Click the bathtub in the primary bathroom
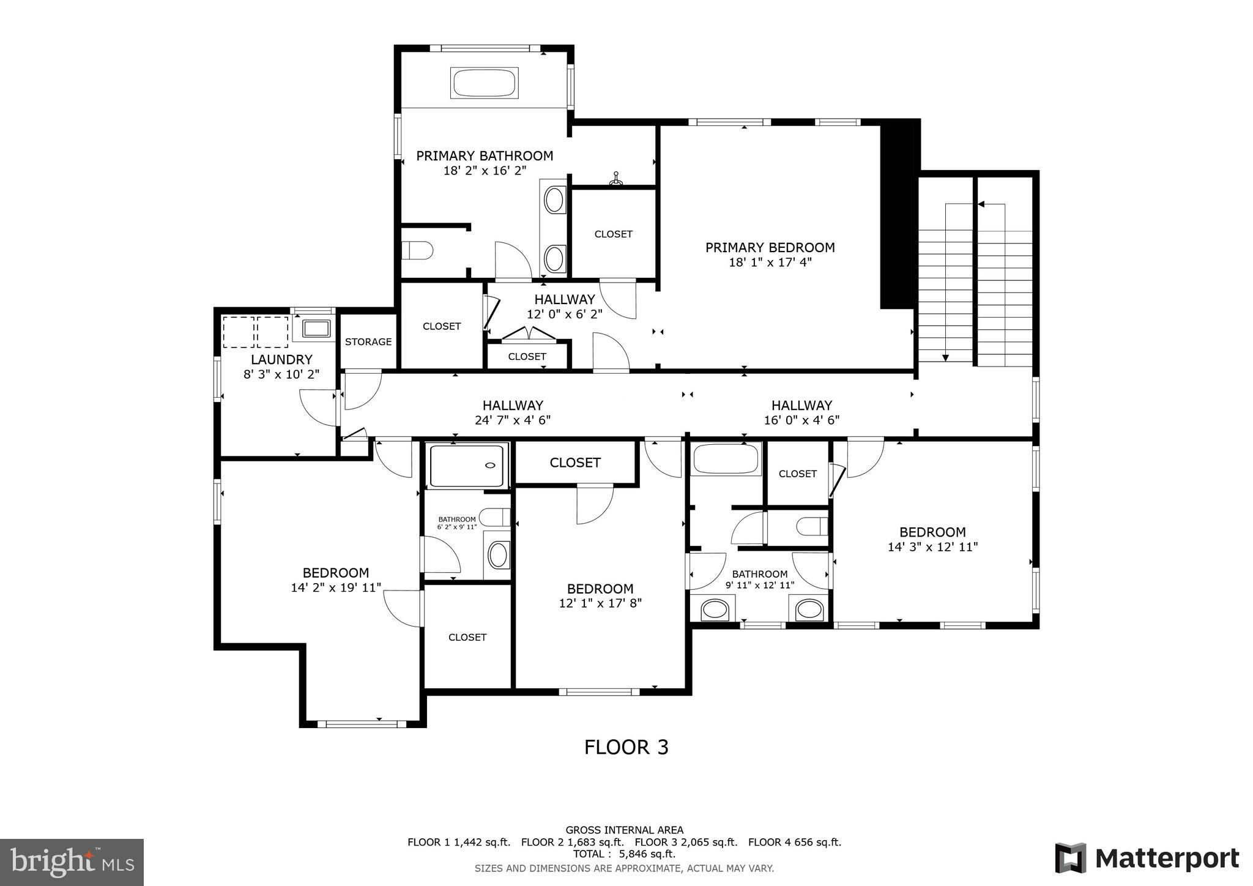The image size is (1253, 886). pyautogui.click(x=485, y=83)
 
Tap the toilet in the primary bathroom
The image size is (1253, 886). pyautogui.click(x=417, y=250)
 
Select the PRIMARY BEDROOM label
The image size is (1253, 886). pyautogui.click(x=770, y=247)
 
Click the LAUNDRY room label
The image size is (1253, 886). pyautogui.click(x=281, y=360)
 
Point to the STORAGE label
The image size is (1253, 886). pyautogui.click(x=368, y=341)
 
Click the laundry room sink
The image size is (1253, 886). pyautogui.click(x=316, y=329)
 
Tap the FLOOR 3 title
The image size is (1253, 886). pyautogui.click(x=626, y=747)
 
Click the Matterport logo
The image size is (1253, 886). pyautogui.click(x=1147, y=858)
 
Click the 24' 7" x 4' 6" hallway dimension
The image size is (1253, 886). pyautogui.click(x=513, y=420)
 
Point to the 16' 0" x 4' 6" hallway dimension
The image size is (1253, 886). pyautogui.click(x=801, y=420)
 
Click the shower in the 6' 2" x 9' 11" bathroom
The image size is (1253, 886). pyautogui.click(x=468, y=466)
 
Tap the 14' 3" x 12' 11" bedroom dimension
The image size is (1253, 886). pyautogui.click(x=932, y=547)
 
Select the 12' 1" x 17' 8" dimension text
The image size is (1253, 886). pyautogui.click(x=600, y=603)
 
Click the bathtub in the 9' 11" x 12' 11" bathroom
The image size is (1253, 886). pyautogui.click(x=726, y=459)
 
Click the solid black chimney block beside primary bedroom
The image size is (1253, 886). pyautogui.click(x=899, y=214)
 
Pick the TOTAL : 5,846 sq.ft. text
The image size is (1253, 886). pyautogui.click(x=624, y=854)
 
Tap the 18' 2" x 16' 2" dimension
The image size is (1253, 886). pyautogui.click(x=485, y=171)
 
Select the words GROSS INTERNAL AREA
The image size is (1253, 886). pyautogui.click(x=624, y=830)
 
